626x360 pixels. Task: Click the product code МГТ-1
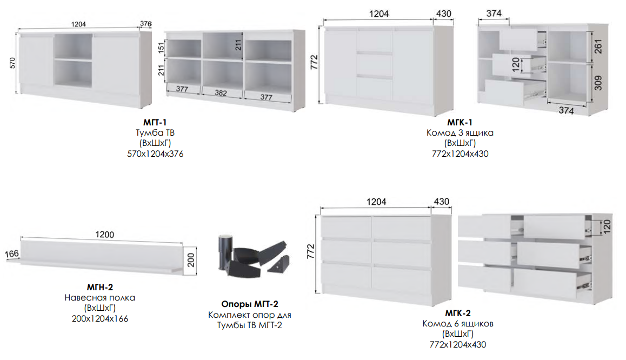point(155,122)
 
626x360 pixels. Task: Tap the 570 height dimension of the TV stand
point(12,63)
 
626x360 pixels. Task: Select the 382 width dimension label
point(221,93)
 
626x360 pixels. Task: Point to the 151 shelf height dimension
point(161,48)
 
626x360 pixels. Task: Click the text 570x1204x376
point(155,154)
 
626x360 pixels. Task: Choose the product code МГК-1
point(459,122)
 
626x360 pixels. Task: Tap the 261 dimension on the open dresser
point(598,46)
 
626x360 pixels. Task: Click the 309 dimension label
point(598,83)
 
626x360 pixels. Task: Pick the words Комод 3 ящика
point(460,133)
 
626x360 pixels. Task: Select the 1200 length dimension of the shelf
point(104,235)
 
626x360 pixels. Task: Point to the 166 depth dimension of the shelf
point(11,254)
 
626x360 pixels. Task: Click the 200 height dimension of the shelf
point(191,260)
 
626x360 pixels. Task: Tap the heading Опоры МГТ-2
point(250,304)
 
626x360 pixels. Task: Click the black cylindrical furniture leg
point(225,254)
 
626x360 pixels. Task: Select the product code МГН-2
point(100,287)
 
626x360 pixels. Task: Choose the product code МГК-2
point(458,313)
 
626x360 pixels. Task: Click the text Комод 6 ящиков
point(458,324)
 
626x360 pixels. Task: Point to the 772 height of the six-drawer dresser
point(311,251)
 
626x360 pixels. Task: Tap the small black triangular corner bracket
point(278,265)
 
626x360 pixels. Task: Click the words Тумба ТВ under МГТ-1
point(155,133)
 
